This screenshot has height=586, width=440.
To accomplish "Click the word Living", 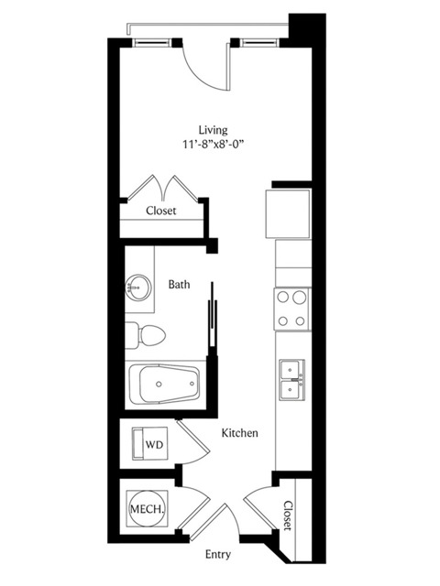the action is tap(213, 130).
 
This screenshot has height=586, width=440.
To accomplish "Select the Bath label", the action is tap(180, 285).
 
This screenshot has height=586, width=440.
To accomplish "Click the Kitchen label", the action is tap(240, 433).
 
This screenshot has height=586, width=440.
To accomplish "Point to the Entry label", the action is tap(218, 555).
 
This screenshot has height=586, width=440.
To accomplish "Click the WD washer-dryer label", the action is tap(155, 445).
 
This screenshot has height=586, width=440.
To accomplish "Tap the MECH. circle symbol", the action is tap(147, 508).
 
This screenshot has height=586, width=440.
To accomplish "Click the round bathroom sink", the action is tap(138, 288).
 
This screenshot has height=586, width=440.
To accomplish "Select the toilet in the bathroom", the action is tap(145, 336).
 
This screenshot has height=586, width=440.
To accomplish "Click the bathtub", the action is tap(165, 385).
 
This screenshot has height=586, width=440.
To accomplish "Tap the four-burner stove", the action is tap(292, 309).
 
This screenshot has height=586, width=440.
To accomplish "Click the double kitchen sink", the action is tap(292, 381).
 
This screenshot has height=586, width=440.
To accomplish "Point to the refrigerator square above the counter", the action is tap(288, 213).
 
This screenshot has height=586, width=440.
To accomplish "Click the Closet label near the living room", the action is tap(161, 211).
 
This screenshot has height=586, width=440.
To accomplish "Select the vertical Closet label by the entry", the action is tap(288, 515).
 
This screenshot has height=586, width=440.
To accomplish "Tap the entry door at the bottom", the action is tap(210, 522).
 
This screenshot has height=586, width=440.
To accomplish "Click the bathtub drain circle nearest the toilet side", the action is tap(159, 385).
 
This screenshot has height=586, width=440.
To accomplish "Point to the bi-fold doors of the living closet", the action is tap(163, 188).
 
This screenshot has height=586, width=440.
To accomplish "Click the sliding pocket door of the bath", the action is tap(212, 318).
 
